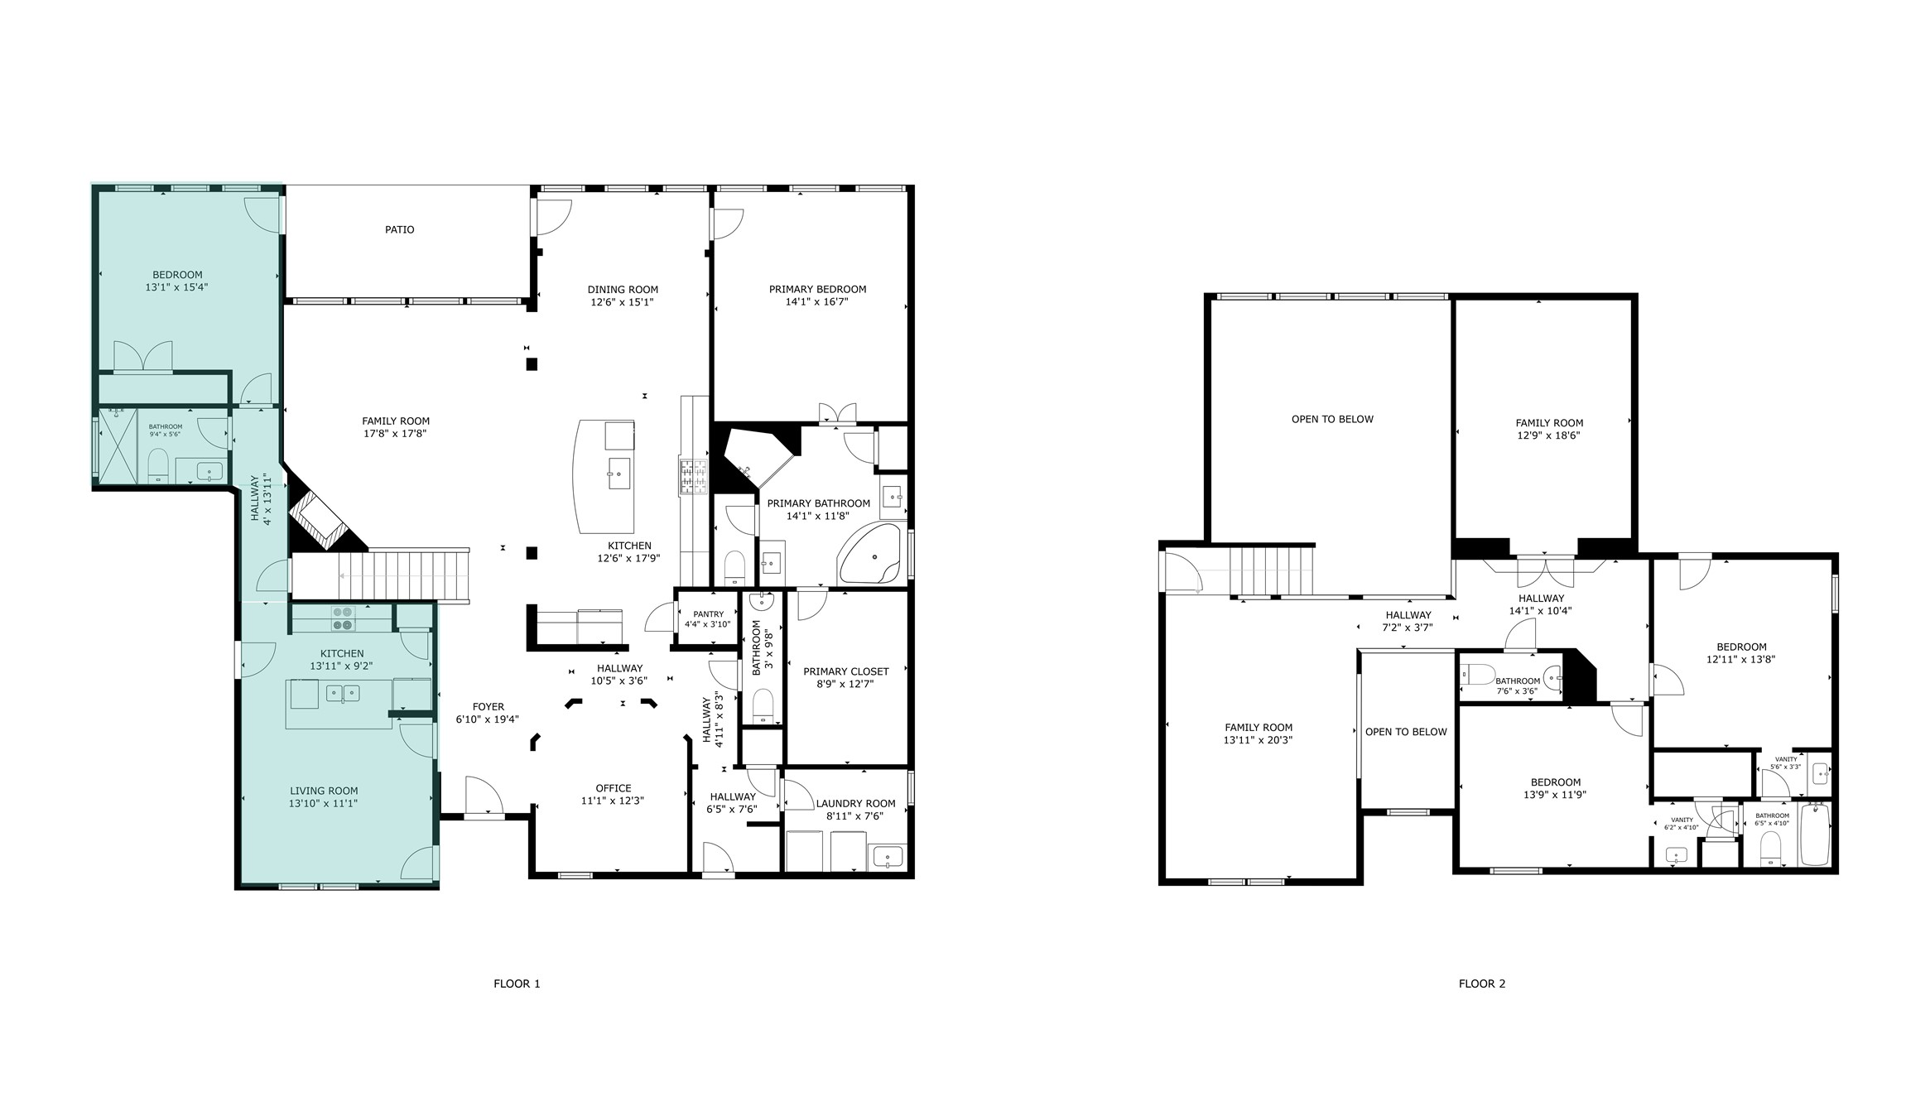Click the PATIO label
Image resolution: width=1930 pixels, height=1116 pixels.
pos(399,229)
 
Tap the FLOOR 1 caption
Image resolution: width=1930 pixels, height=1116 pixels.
pos(517,984)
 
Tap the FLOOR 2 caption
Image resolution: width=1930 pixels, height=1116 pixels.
pos(1481,984)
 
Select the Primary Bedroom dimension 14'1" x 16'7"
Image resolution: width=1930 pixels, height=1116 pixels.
pos(816,302)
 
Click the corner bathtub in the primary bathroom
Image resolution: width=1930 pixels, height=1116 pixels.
pos(870,553)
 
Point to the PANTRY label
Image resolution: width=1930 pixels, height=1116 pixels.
pos(708,614)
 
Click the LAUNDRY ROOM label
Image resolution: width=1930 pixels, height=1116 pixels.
pos(855,803)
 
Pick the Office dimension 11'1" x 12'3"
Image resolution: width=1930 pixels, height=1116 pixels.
pos(612,801)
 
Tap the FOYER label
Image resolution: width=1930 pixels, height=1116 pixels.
pos(488,707)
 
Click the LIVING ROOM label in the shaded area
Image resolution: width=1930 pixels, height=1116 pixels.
pos(324,791)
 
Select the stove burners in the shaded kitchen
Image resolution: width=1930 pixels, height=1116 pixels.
pos(343,618)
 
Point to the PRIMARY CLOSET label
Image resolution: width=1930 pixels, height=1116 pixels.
pos(845,671)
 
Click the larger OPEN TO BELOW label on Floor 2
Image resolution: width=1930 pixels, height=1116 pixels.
pos(1331,419)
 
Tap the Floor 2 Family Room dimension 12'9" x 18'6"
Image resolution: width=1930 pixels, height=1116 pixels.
pos(1548,435)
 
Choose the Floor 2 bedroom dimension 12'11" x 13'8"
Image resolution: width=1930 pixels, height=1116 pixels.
pos(1740,660)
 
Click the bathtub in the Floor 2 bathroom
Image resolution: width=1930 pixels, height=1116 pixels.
pos(1814,834)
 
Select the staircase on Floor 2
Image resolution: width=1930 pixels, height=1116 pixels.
pos(1271,570)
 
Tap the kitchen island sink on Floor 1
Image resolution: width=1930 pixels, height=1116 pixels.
pos(618,474)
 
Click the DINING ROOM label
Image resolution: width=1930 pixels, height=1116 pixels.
pos(623,290)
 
